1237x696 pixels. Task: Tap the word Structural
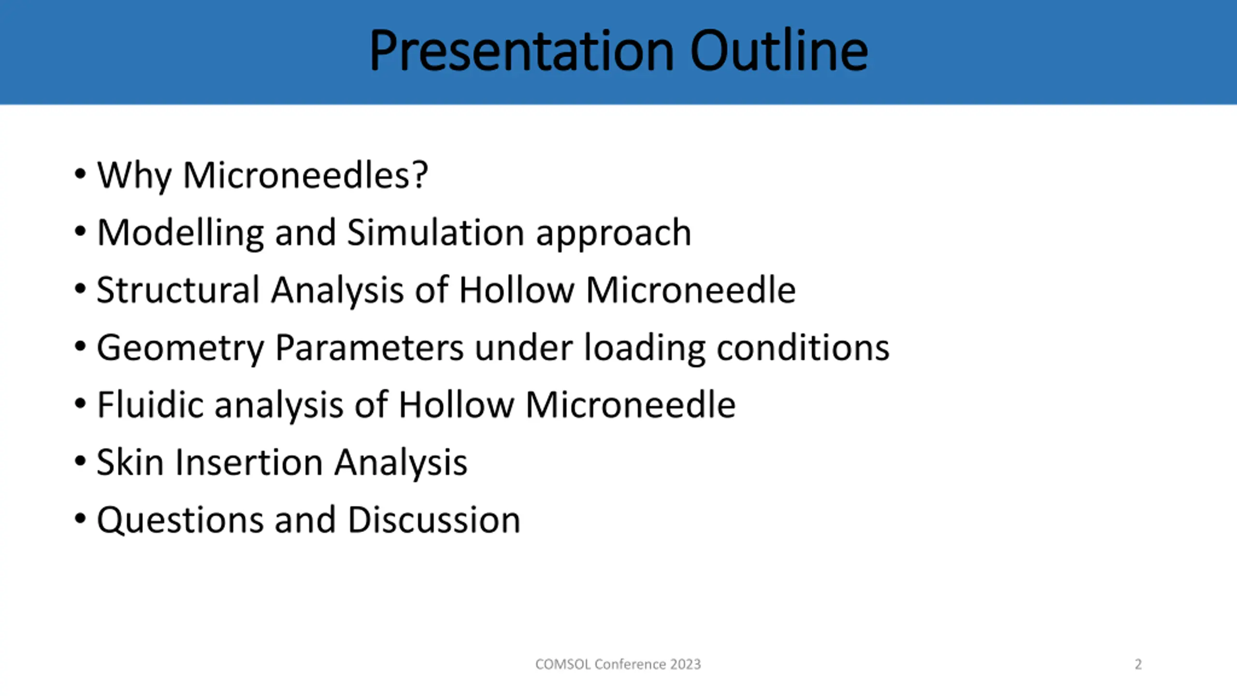click(178, 290)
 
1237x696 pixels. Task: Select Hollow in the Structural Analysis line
click(517, 290)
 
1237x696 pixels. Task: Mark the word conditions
click(803, 347)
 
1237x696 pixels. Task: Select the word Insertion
click(249, 462)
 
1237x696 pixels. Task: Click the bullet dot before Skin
click(80, 461)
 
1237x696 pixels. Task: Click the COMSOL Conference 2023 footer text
click(618, 664)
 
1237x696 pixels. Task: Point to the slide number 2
click(1138, 664)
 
